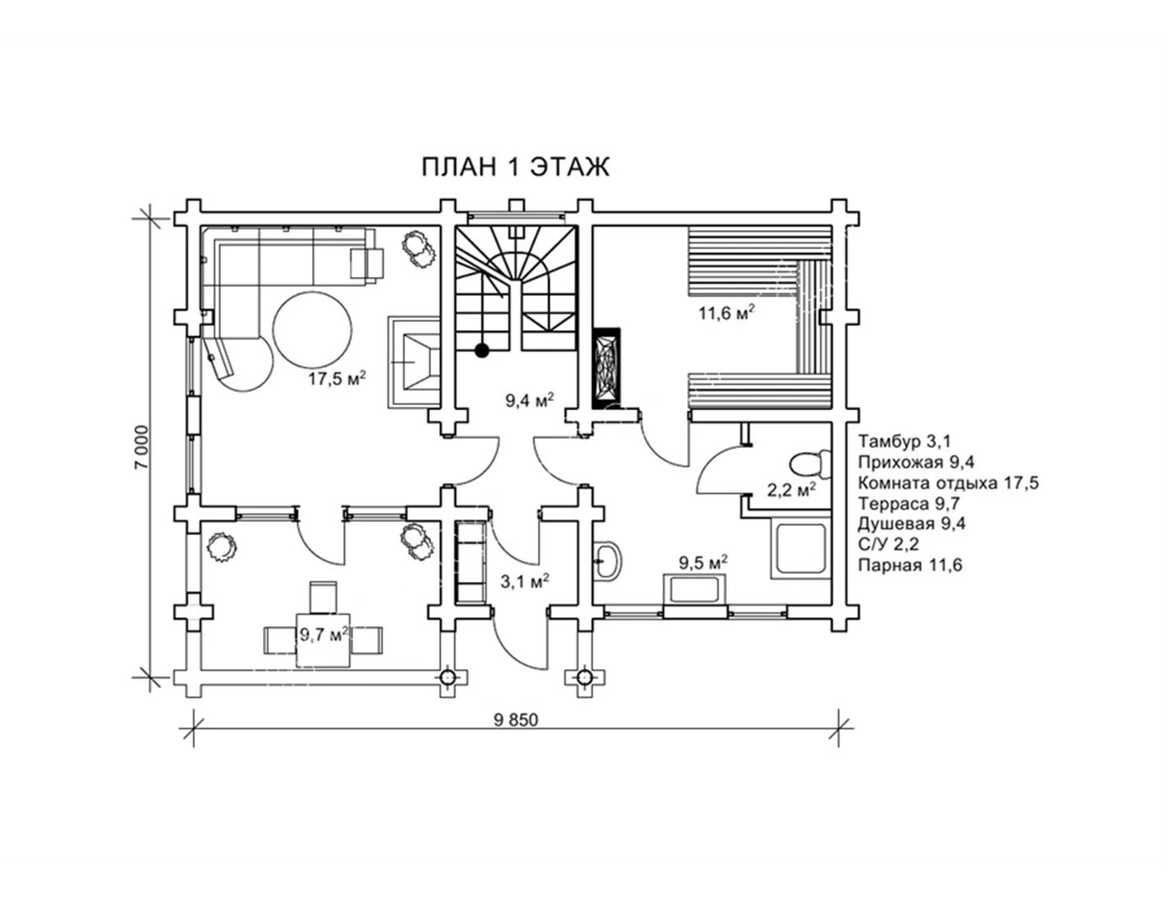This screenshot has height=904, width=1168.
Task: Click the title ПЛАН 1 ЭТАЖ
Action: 515,166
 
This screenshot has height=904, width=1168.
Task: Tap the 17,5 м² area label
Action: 337,379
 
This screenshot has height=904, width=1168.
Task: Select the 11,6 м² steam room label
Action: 726,313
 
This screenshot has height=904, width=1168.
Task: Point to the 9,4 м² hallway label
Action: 529,401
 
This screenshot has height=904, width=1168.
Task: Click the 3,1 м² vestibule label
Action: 525,582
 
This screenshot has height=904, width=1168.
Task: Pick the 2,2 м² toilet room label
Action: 791,491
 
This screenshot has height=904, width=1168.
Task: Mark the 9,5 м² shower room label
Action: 703,563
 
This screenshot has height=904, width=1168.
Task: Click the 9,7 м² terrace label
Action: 323,634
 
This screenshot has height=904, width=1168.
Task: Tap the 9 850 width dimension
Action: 516,720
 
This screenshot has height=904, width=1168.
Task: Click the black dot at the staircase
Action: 482,350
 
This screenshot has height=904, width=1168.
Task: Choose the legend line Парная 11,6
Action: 909,565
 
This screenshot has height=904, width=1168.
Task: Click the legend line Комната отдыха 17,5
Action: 948,482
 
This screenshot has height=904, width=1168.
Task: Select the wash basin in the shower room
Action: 608,560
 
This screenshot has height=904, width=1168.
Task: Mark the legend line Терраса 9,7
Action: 909,503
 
